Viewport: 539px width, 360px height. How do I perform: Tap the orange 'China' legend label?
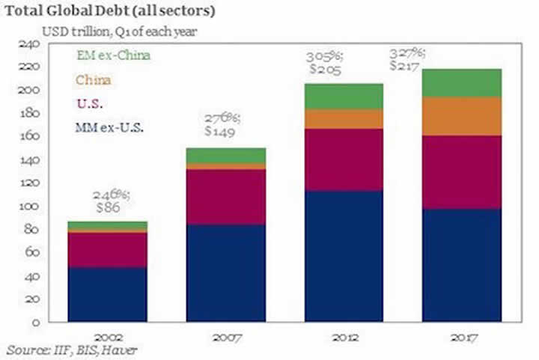point(91,79)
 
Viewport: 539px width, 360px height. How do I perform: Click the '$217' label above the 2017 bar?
point(407,65)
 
